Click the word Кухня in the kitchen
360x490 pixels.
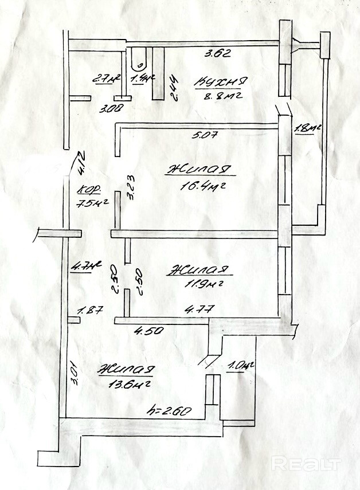coord(221,81)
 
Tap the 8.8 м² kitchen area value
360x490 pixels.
coord(220,96)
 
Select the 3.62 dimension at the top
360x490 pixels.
coord(218,55)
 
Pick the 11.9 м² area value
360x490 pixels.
coord(198,283)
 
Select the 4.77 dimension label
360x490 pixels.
coord(199,309)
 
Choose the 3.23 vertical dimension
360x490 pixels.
coord(131,187)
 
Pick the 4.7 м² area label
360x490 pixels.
coord(86,266)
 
